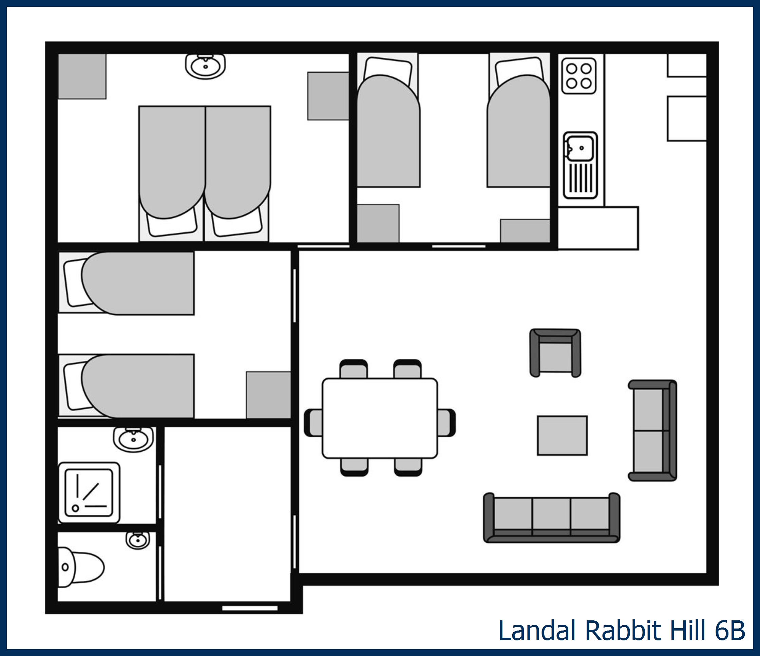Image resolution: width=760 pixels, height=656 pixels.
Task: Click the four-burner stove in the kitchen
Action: (579, 76)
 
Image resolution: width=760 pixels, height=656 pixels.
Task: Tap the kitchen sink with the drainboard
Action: (580, 165)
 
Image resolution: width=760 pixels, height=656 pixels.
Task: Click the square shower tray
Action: (89, 492)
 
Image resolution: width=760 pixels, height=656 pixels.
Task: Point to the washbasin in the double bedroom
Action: (205, 66)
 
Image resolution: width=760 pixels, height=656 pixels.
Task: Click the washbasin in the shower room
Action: (134, 439)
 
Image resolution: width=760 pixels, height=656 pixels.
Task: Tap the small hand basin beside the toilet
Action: (138, 540)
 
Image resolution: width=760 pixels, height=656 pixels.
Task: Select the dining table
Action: (380, 418)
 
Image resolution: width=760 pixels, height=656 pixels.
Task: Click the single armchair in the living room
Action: (555, 353)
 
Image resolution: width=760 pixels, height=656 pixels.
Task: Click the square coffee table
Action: (562, 435)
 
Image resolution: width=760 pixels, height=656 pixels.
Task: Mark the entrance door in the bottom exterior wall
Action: (250, 608)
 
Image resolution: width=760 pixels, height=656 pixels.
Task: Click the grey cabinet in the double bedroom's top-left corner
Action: (82, 76)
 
